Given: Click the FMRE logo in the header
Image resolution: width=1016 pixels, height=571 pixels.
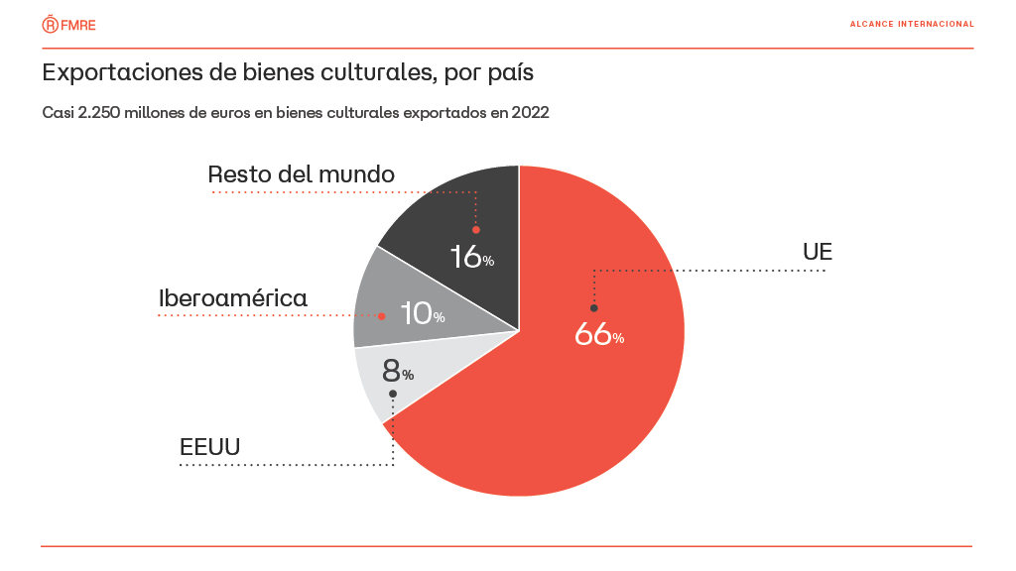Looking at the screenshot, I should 68,24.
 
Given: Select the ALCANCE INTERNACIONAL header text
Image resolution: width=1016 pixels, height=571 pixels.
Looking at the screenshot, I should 911,24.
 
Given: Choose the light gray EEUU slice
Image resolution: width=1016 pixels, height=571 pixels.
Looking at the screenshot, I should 372,382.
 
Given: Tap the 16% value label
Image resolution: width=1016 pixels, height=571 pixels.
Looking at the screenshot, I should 471,257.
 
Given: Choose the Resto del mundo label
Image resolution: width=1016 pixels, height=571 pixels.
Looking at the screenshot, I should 301,174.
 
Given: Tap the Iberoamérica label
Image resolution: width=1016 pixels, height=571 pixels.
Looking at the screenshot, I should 233,298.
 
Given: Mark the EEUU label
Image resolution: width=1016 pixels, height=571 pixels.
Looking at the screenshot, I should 209,446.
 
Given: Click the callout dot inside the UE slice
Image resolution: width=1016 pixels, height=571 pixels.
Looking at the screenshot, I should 593,308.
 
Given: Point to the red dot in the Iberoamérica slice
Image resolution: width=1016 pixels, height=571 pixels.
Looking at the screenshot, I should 382,316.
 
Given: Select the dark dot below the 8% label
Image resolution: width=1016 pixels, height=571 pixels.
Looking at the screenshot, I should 393,394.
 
